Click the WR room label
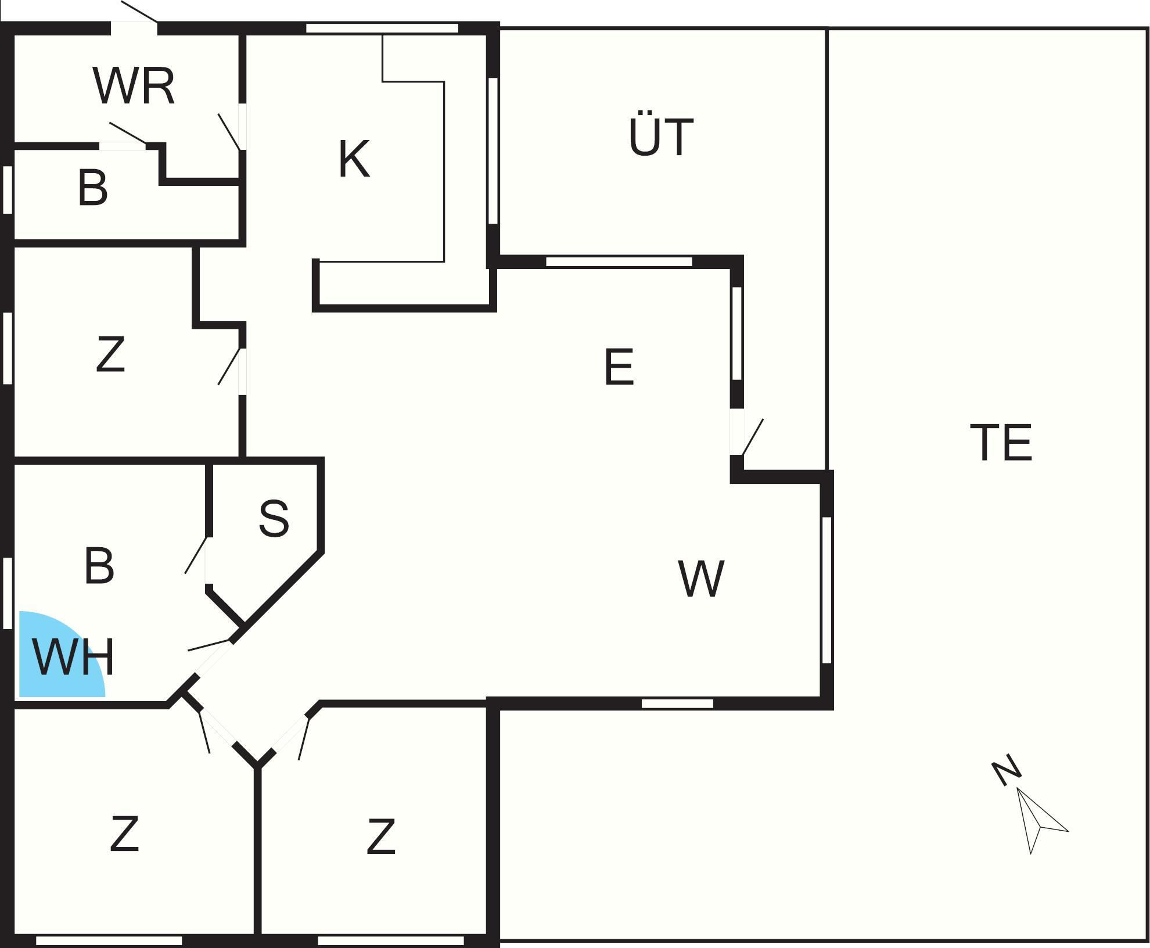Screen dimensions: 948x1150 134,87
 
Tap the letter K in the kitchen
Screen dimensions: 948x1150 354,160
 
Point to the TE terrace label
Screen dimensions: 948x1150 1001,443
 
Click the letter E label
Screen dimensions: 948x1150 619,367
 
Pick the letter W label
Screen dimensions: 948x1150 701,579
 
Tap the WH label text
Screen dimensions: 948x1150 74,658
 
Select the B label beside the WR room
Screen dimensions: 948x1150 92,188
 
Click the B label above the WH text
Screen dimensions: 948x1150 99,566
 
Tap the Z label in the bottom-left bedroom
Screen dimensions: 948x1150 124,834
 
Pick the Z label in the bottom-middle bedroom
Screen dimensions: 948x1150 381,836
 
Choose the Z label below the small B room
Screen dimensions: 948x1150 110,355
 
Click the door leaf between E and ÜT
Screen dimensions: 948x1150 753,437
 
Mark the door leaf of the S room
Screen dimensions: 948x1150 196,555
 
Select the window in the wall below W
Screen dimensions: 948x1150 677,703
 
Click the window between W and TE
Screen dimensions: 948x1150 827,590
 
